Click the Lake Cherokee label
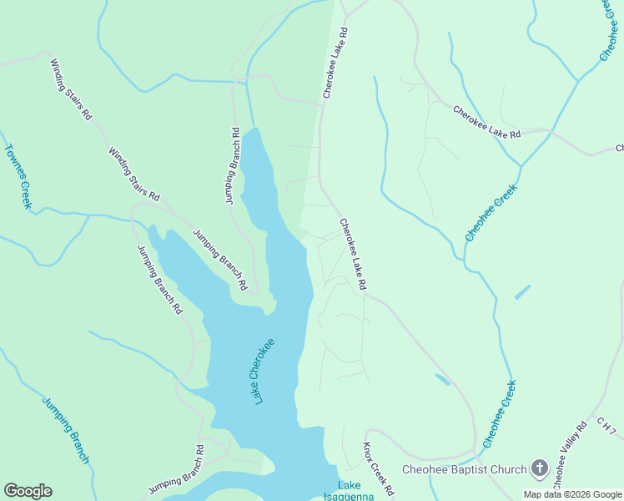pyautogui.click(x=264, y=372)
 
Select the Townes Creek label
pyautogui.click(x=18, y=176)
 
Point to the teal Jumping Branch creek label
pyautogui.click(x=65, y=429)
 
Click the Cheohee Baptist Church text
pyautogui.click(x=464, y=469)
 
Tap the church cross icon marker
pyautogui.click(x=539, y=468)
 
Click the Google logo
pyautogui.click(x=28, y=491)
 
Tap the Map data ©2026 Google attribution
pyautogui.click(x=571, y=494)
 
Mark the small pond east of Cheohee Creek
pyautogui.click(x=522, y=292)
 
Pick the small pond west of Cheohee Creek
pyautogui.click(x=442, y=379)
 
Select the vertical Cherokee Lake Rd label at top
pyautogui.click(x=335, y=63)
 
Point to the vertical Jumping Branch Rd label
pyautogui.click(x=232, y=166)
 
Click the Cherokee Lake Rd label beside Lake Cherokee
pyautogui.click(x=353, y=255)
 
